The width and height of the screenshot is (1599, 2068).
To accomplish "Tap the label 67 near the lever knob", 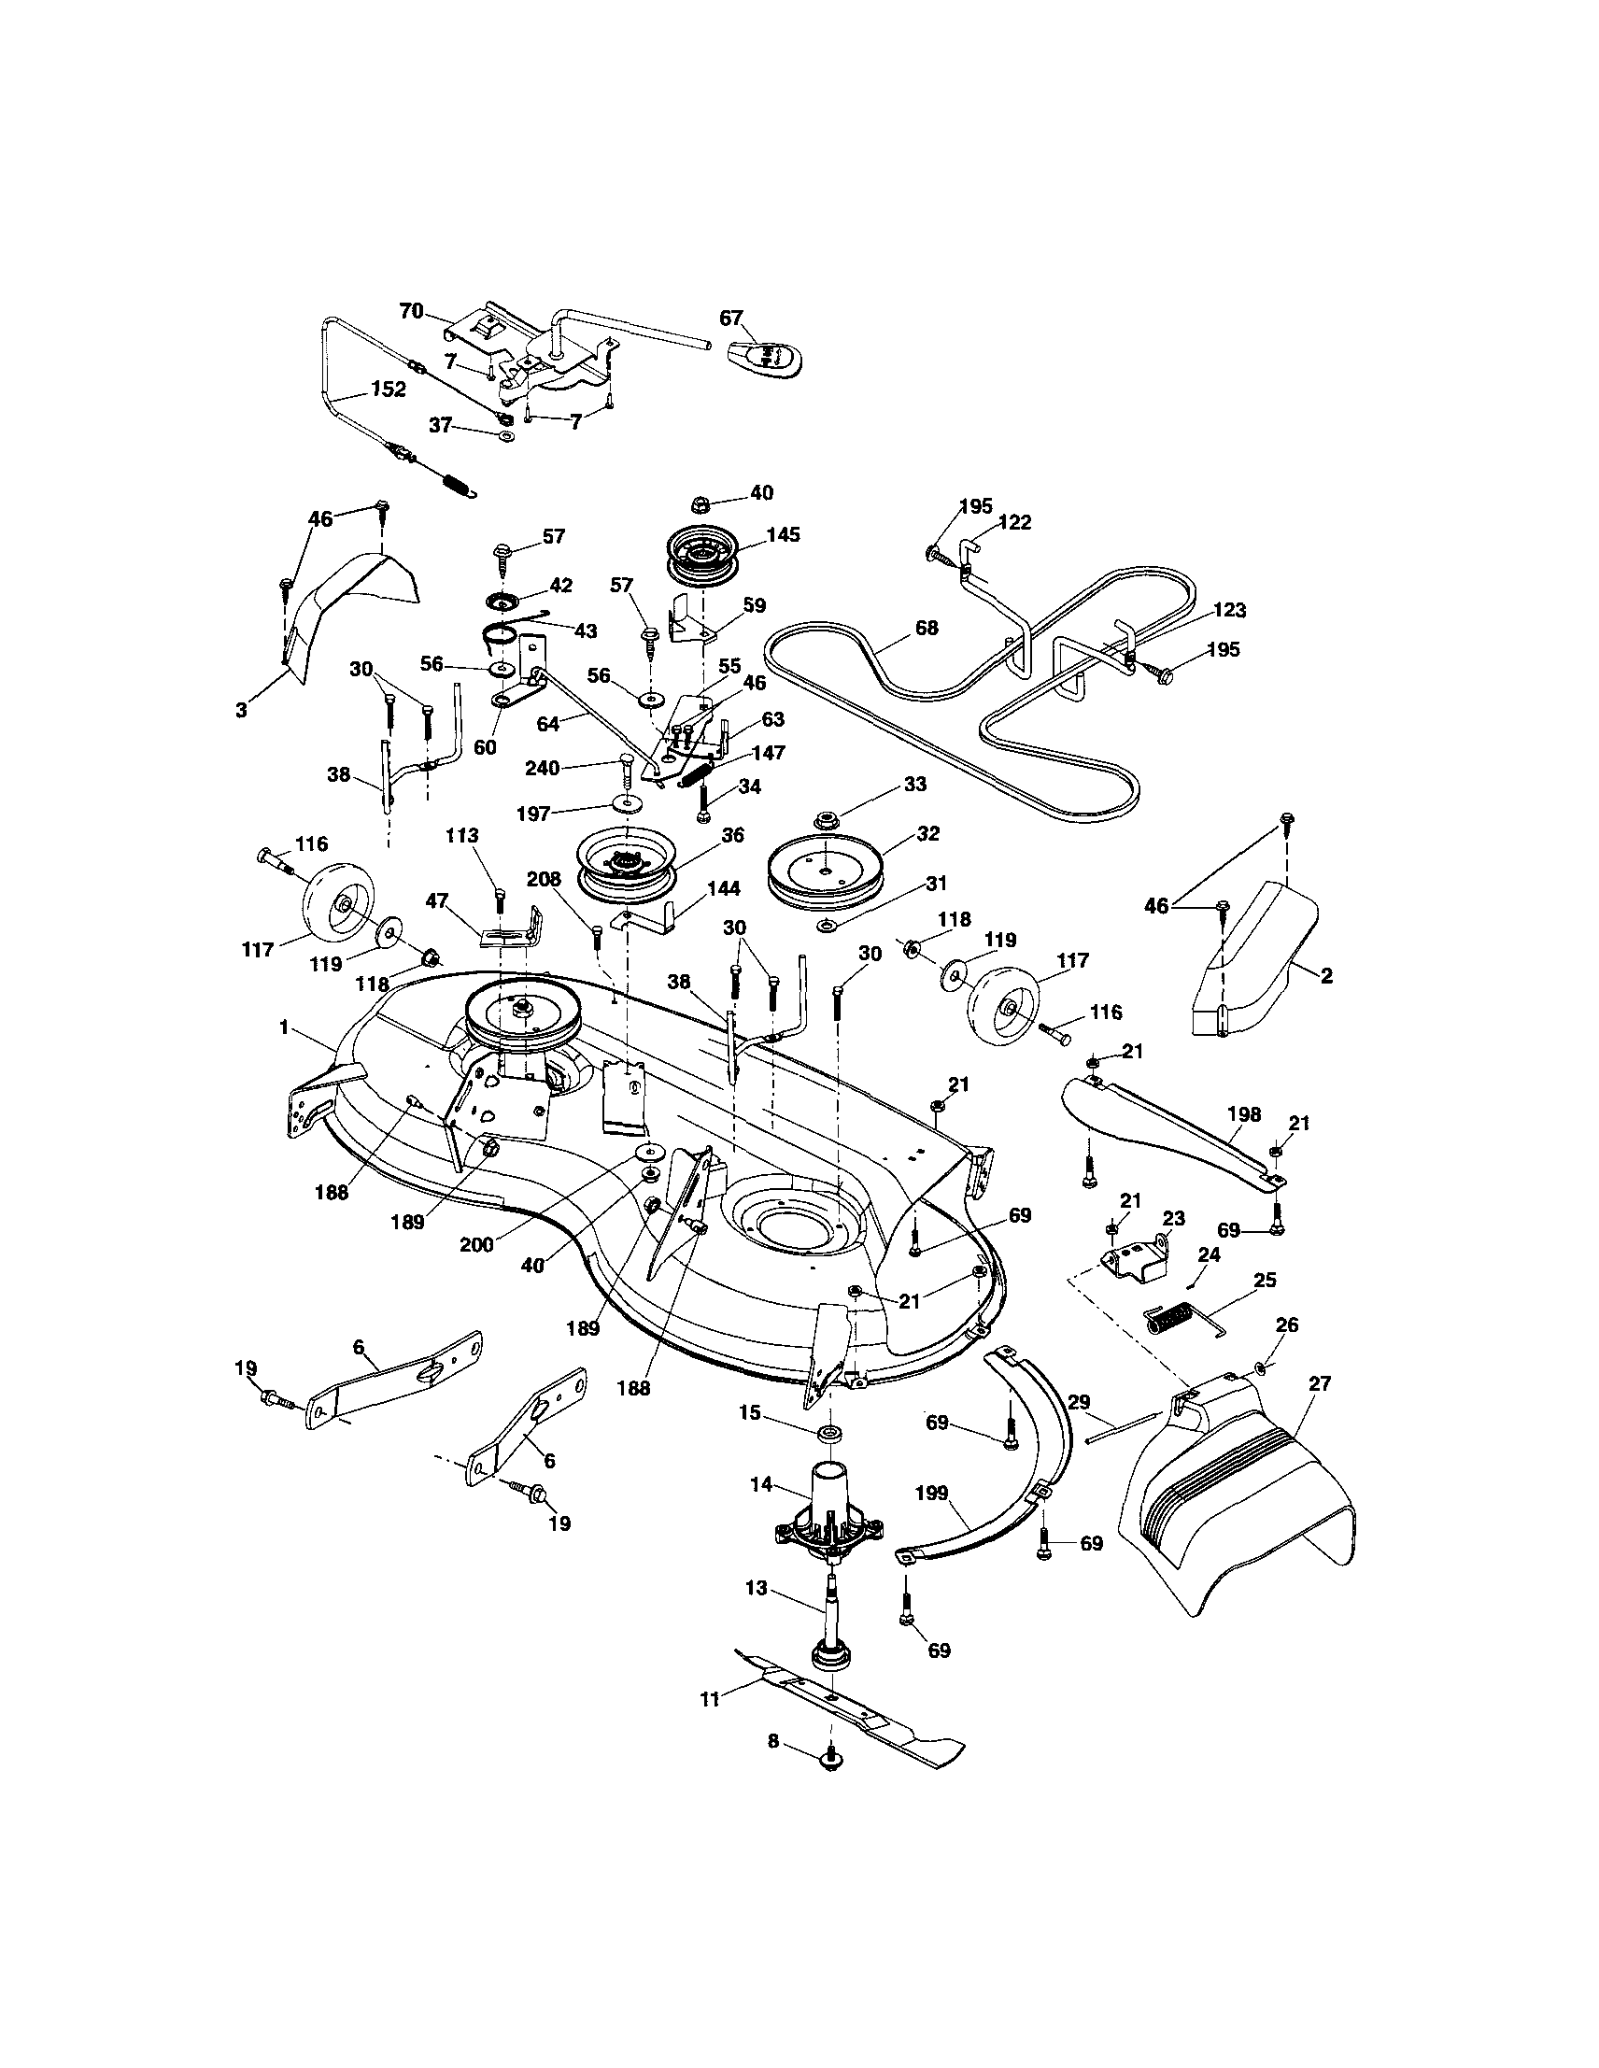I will pyautogui.click(x=731, y=319).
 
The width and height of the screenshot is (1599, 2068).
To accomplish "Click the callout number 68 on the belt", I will pyautogui.click(x=927, y=627).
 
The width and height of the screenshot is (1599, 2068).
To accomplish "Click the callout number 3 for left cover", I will pyautogui.click(x=241, y=710).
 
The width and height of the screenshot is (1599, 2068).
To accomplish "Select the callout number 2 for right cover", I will pyautogui.click(x=1326, y=976).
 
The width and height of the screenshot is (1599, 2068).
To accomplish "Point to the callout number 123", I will pyautogui.click(x=1228, y=611).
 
